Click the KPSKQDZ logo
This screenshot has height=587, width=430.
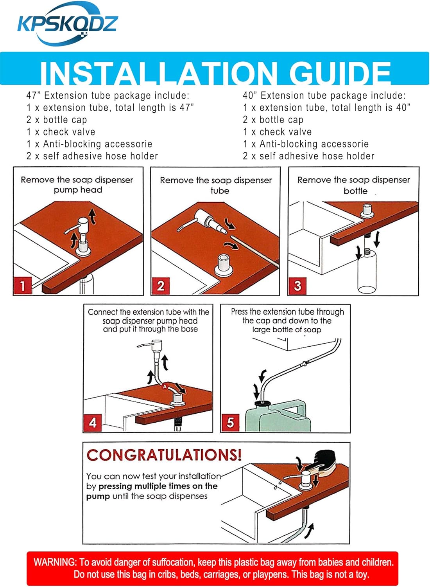coord(67,24)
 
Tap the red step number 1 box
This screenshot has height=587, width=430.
coord(23,285)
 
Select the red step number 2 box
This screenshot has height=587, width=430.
coord(160,286)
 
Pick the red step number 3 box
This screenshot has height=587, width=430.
coord(297,286)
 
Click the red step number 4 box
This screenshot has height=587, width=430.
coord(92,422)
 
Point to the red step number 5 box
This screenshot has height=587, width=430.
coord(230,422)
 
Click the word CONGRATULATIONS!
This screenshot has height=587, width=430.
coord(164,463)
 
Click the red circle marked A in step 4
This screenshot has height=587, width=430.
coord(165,386)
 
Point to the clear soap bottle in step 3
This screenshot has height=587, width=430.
coord(367,271)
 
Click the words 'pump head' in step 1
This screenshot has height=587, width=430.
coord(78,190)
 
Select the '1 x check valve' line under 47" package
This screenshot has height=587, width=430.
coord(61,132)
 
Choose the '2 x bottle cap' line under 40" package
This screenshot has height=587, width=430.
coord(273,120)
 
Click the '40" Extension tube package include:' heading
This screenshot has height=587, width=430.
coord(324,95)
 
